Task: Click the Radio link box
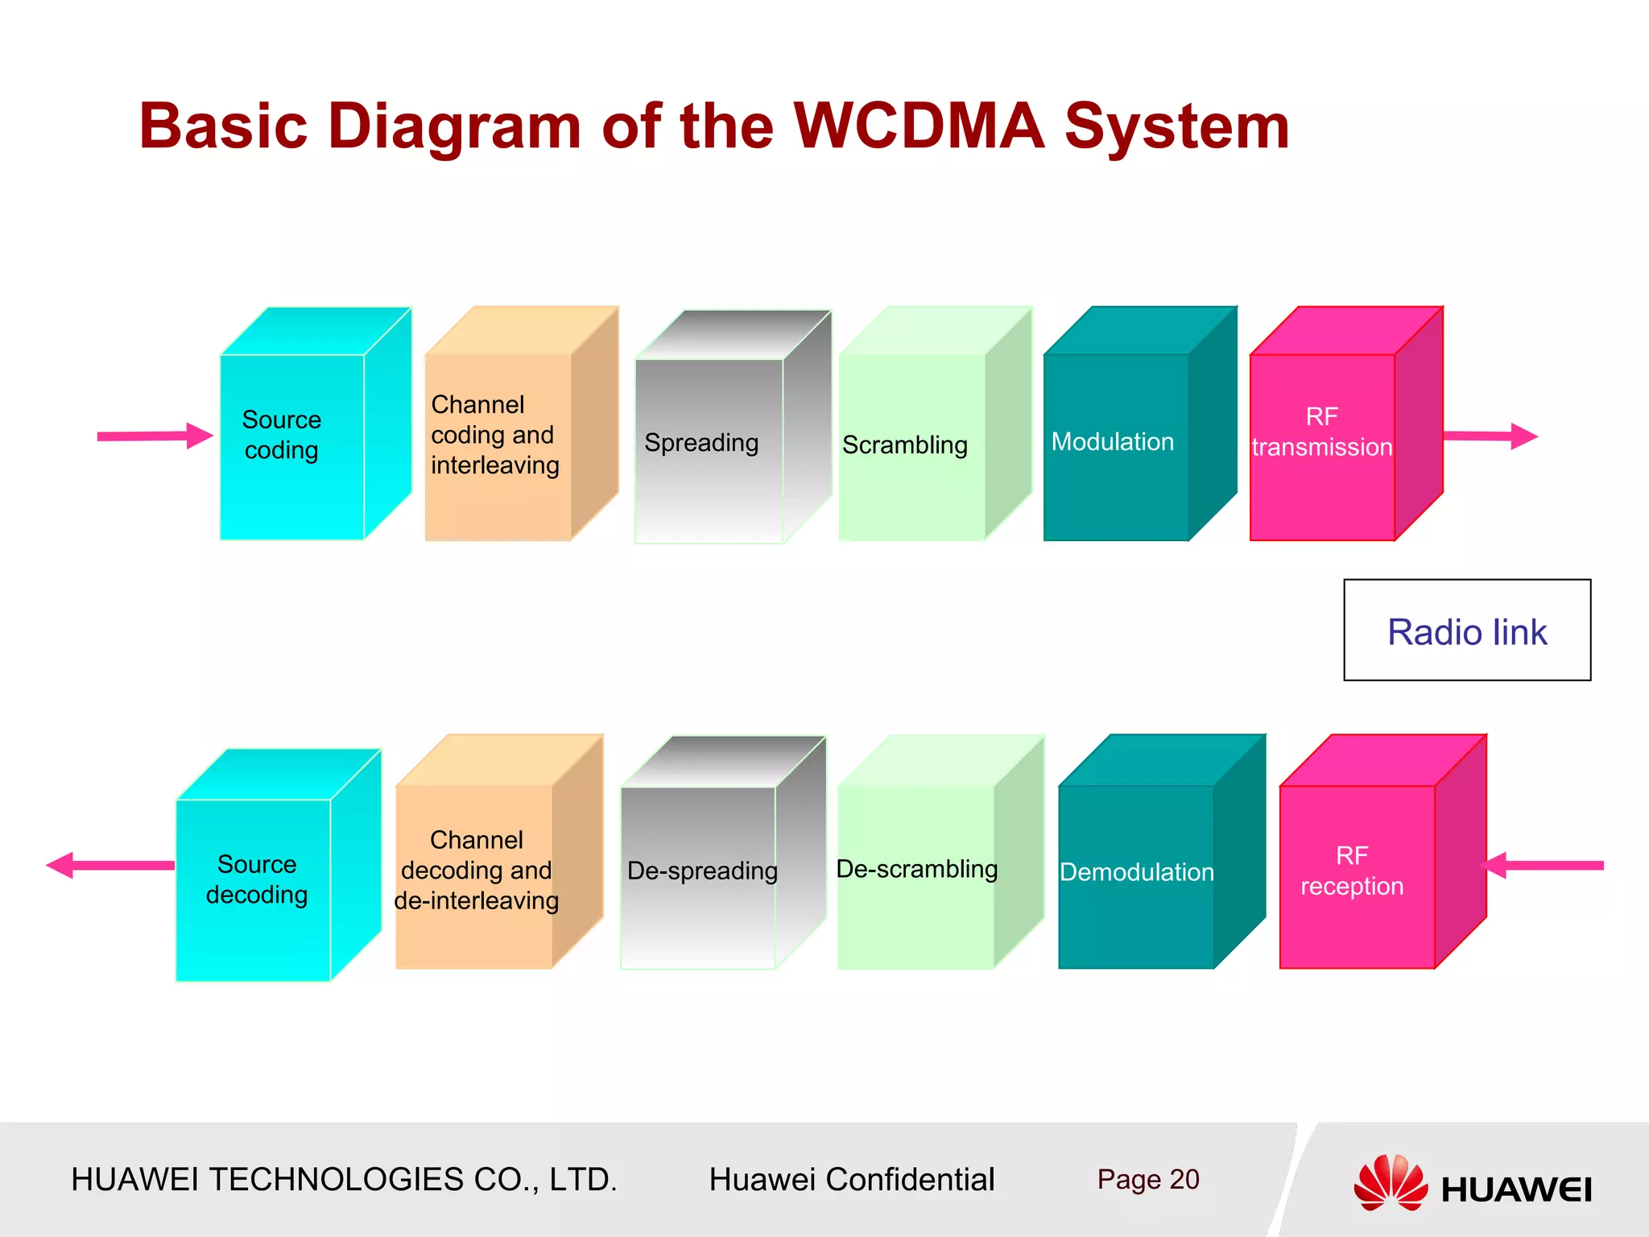click(x=1467, y=631)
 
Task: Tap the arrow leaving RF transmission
click(x=1490, y=436)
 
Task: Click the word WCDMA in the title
click(x=918, y=126)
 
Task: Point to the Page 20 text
click(x=1147, y=1179)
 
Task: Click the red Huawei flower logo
click(x=1391, y=1182)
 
